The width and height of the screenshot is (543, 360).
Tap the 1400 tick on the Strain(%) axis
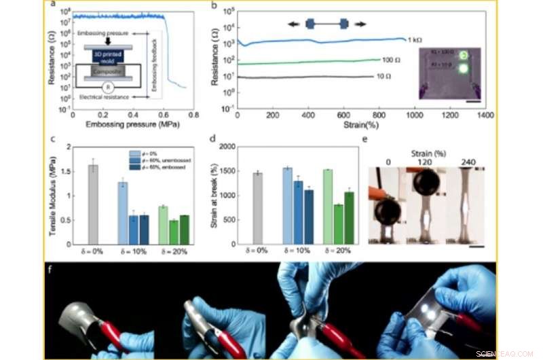click(484, 116)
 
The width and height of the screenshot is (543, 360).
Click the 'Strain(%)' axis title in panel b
click(359, 126)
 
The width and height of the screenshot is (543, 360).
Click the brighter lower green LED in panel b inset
click(464, 68)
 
